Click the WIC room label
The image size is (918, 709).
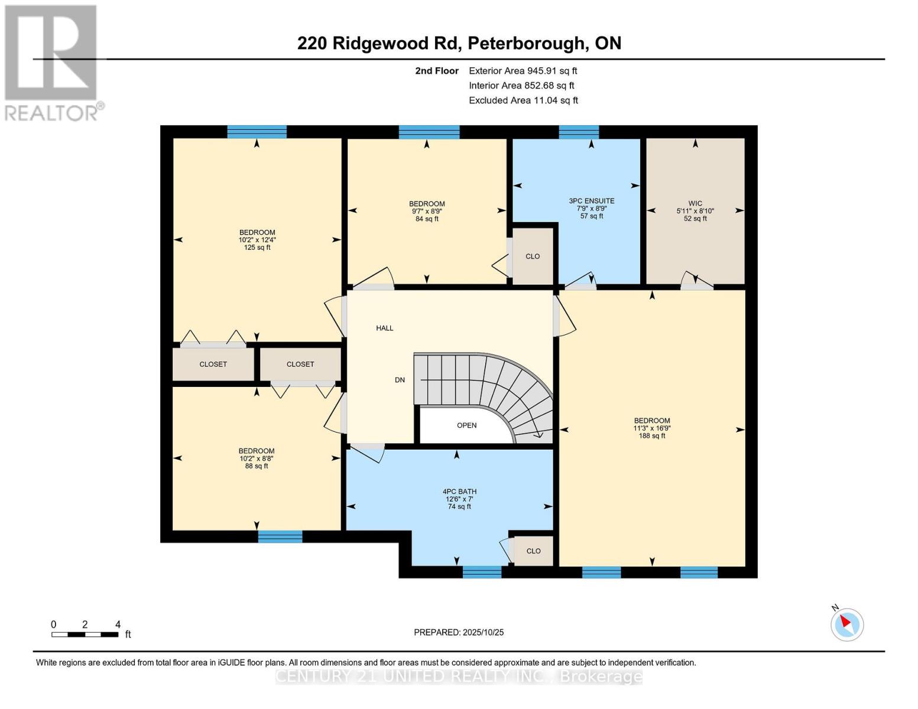(x=695, y=211)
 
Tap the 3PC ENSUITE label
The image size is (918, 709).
(x=592, y=209)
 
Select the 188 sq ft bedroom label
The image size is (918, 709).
(x=652, y=428)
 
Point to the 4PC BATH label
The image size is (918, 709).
(x=459, y=499)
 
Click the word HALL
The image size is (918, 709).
(x=385, y=328)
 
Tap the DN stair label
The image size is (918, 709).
(x=400, y=380)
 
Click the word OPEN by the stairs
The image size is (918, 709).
(x=466, y=425)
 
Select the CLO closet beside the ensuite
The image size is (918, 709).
(x=533, y=256)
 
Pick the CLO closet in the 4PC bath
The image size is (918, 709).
(x=533, y=551)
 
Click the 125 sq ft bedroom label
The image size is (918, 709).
(x=257, y=240)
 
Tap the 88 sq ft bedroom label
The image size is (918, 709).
(x=257, y=458)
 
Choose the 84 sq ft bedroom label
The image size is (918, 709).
(x=427, y=211)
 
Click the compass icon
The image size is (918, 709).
(x=847, y=624)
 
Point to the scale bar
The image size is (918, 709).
(x=85, y=635)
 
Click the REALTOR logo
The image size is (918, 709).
(x=52, y=62)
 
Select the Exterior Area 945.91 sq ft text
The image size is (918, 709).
(x=523, y=71)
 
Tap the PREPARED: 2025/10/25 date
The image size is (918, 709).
(x=459, y=632)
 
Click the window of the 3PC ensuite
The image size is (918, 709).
(x=579, y=132)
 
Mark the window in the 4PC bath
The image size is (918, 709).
(x=482, y=571)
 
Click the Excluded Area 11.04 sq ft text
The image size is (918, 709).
(x=523, y=100)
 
